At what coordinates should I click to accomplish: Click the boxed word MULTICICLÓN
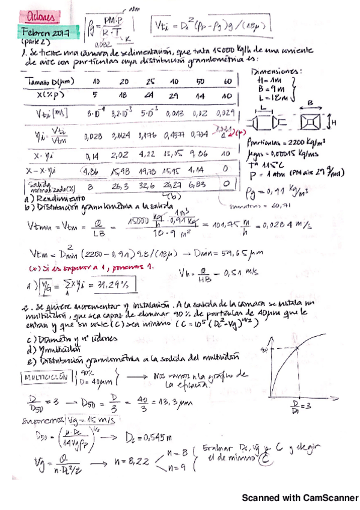(43, 377)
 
